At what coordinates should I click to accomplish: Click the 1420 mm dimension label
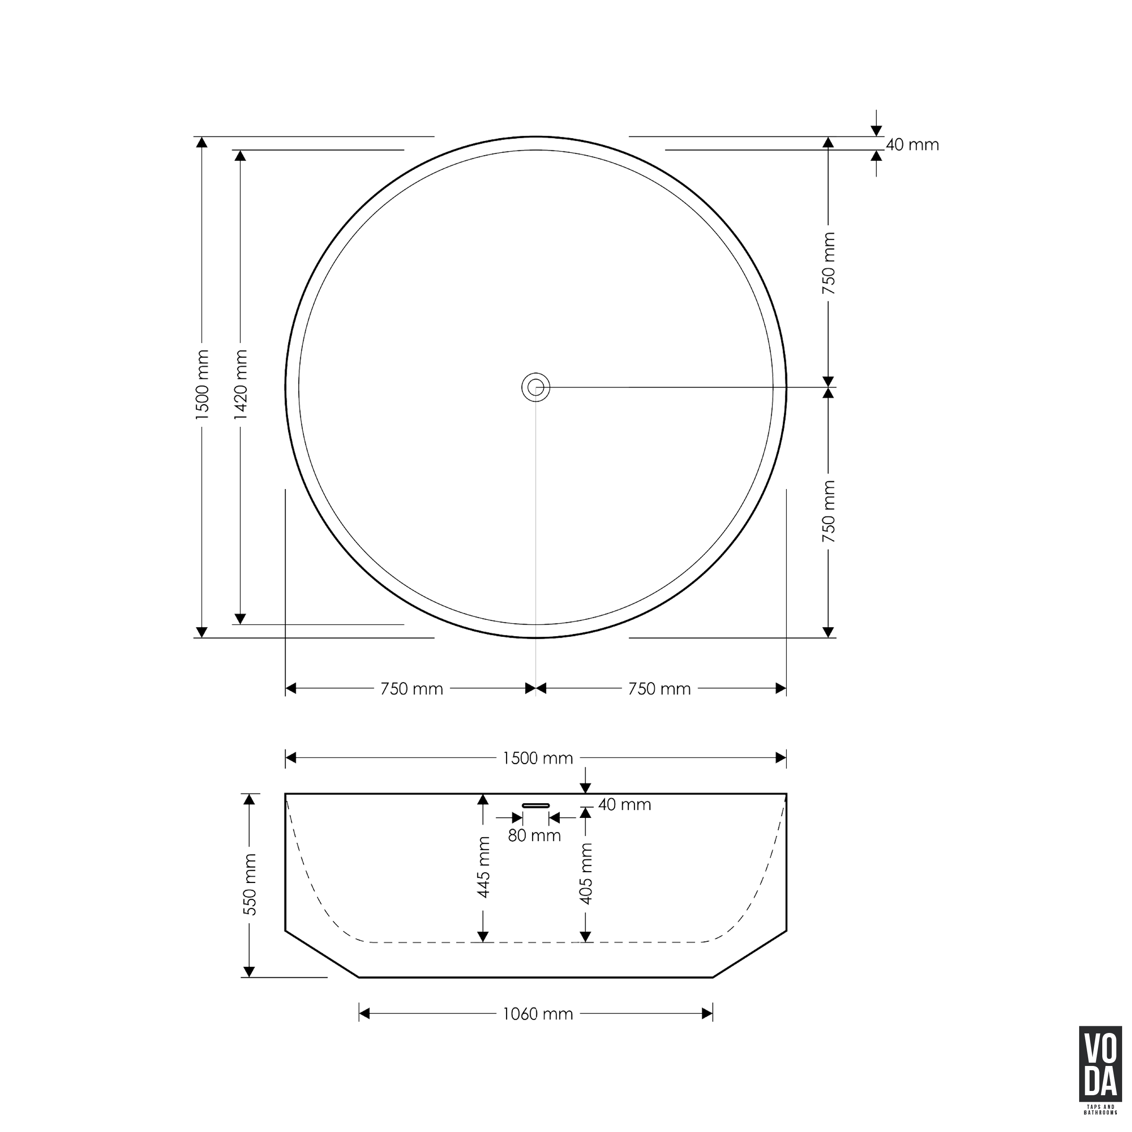pyautogui.click(x=240, y=384)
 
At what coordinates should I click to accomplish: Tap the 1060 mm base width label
pyautogui.click(x=538, y=1014)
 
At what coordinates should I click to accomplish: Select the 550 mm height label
pyautogui.click(x=250, y=885)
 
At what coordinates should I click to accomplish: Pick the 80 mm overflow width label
pyautogui.click(x=534, y=835)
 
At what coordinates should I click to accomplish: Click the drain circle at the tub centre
pyautogui.click(x=535, y=387)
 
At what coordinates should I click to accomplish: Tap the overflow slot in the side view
pyautogui.click(x=535, y=806)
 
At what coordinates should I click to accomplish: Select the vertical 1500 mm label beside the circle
pyautogui.click(x=202, y=384)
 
